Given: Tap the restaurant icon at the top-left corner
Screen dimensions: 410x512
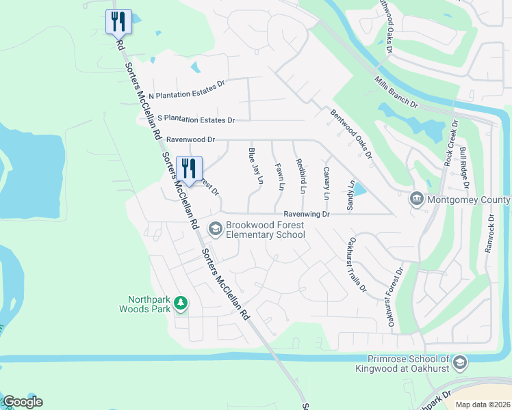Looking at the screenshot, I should pyautogui.click(x=118, y=23).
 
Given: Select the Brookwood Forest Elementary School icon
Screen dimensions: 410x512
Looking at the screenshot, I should pyautogui.click(x=215, y=228).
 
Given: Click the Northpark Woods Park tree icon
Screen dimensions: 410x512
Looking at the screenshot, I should pyautogui.click(x=180, y=302).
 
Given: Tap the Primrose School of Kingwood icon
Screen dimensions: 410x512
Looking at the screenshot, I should pyautogui.click(x=461, y=363).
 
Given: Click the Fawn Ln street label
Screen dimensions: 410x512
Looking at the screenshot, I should pyautogui.click(x=279, y=176).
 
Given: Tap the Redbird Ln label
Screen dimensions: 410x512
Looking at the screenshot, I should pyautogui.click(x=300, y=174).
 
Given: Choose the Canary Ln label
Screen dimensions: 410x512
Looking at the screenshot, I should pyautogui.click(x=327, y=182).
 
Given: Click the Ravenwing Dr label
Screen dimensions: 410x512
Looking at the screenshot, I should pyautogui.click(x=307, y=214).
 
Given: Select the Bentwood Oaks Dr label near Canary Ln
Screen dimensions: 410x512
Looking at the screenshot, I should pyautogui.click(x=350, y=134).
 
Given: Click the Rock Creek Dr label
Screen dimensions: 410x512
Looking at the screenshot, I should pyautogui.click(x=450, y=142).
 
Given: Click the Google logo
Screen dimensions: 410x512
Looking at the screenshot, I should pyautogui.click(x=23, y=402).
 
